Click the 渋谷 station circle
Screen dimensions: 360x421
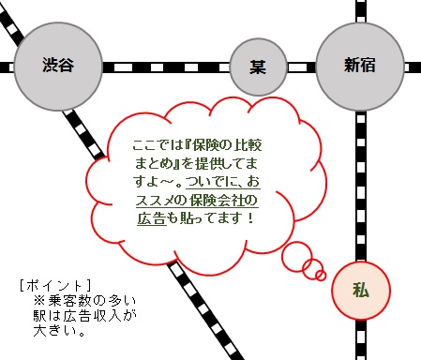click(57, 66)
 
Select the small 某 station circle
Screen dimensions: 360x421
click(258, 67)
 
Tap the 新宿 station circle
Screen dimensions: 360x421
click(360, 66)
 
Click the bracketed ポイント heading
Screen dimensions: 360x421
click(55, 283)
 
